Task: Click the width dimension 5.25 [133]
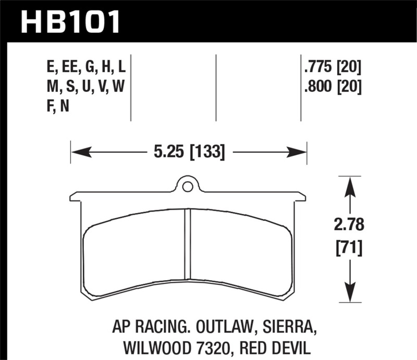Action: (x=188, y=153)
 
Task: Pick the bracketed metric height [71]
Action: (x=348, y=247)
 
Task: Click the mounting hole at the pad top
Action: (x=188, y=184)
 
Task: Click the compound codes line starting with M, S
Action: (x=86, y=86)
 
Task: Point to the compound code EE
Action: (x=69, y=67)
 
